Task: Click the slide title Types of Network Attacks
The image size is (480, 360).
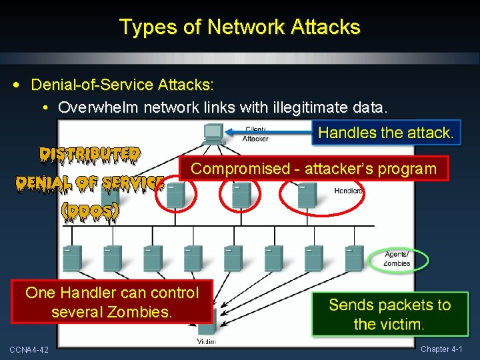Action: click(239, 27)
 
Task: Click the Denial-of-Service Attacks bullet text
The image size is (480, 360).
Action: click(122, 85)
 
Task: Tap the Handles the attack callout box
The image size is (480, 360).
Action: click(385, 132)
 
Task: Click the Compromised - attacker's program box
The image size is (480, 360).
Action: click(313, 169)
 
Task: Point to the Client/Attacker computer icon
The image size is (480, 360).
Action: click(212, 133)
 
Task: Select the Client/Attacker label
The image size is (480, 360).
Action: click(256, 134)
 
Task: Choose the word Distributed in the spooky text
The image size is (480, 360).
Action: click(89, 155)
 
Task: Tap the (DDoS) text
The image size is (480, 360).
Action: click(90, 211)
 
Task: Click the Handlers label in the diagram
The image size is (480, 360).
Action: click(349, 191)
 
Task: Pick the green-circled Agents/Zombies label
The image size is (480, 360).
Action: click(397, 259)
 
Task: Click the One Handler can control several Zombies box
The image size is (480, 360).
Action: click(112, 301)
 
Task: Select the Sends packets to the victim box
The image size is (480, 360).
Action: click(389, 315)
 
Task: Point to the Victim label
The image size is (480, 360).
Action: click(207, 341)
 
